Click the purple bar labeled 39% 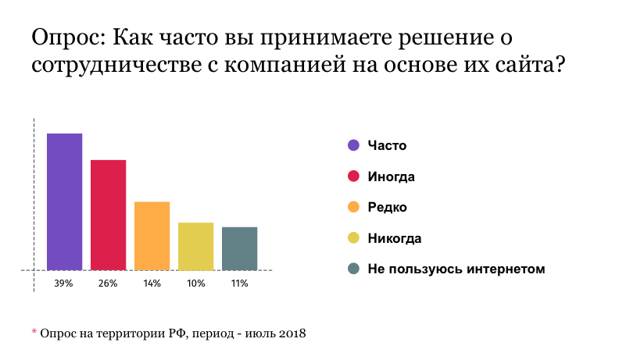[x=65, y=201]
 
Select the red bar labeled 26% [x=109, y=215]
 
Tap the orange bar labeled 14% [x=152, y=236]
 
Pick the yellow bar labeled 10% [x=196, y=246]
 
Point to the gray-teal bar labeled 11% [x=240, y=248]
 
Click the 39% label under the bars [x=64, y=283]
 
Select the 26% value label [x=108, y=283]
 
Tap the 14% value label [x=152, y=283]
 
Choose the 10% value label [x=195, y=283]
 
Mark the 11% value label [x=239, y=283]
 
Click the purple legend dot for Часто [x=353, y=145]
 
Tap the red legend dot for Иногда [x=353, y=176]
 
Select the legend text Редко [x=388, y=207]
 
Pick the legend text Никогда [x=395, y=238]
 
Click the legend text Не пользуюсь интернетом [x=456, y=269]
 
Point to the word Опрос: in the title [x=69, y=38]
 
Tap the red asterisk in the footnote [x=34, y=333]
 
